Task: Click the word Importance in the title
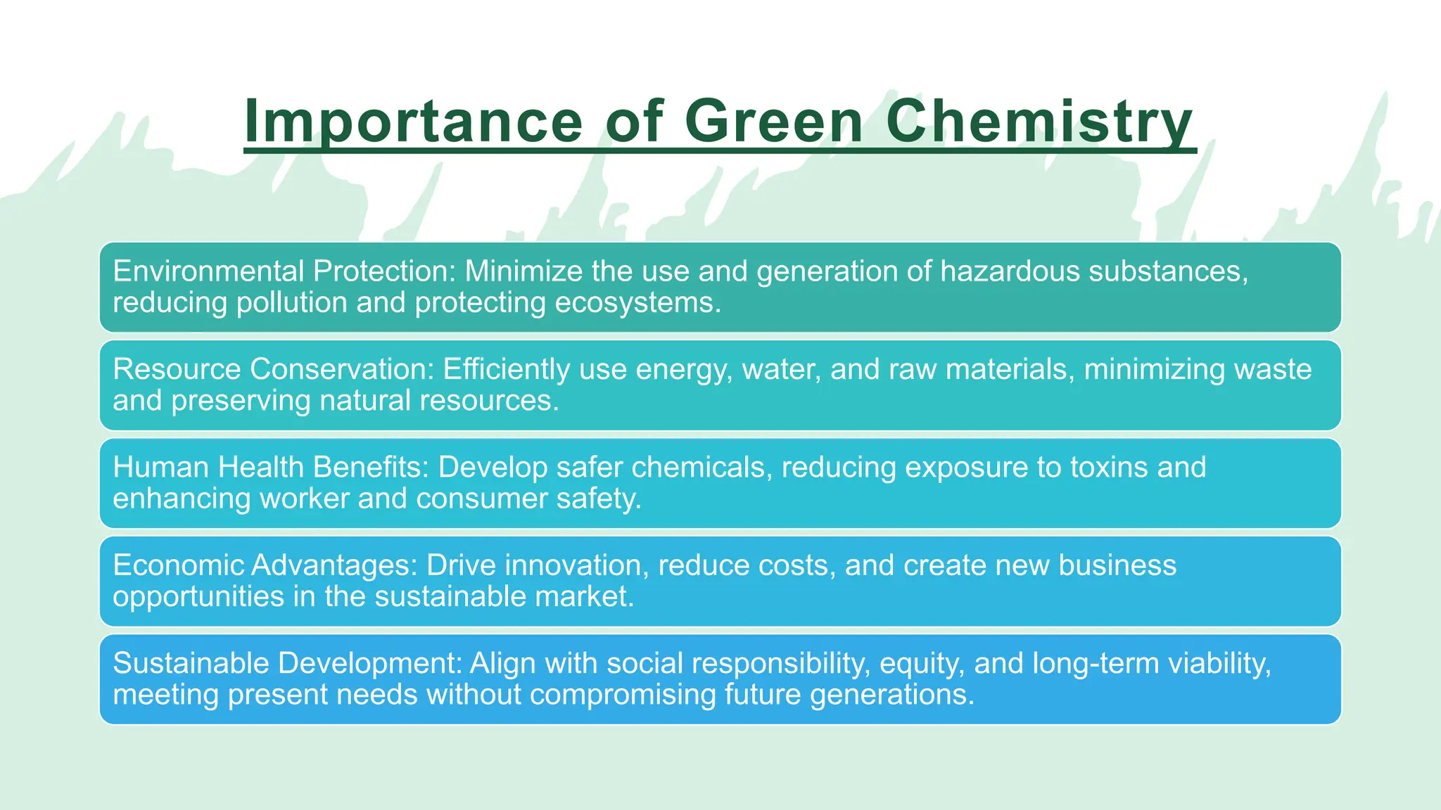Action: coord(413,122)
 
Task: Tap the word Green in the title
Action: coord(773,122)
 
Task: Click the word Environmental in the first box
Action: coord(208,271)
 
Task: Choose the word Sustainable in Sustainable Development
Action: coord(191,663)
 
